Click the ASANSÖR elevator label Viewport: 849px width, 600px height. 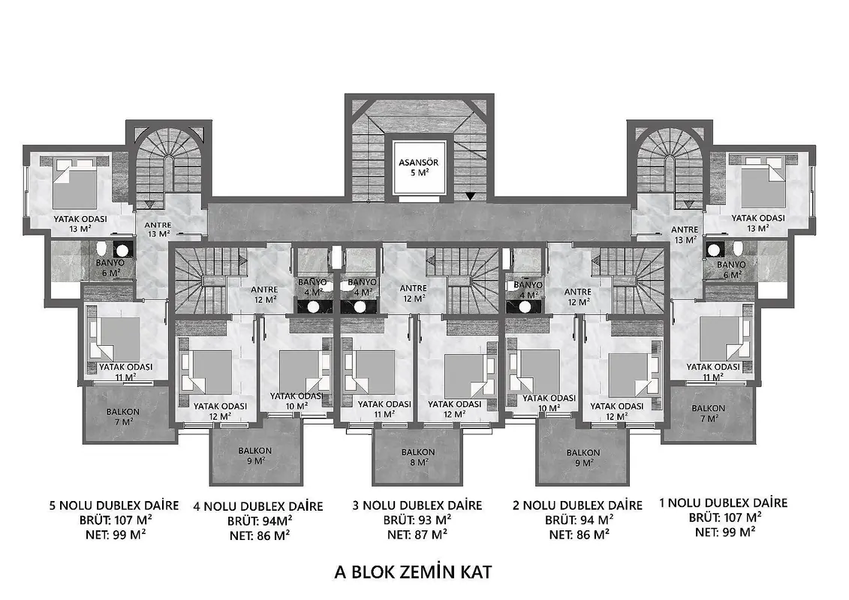point(419,162)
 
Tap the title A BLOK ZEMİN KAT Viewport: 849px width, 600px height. point(413,571)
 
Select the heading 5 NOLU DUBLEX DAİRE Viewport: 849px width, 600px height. point(113,505)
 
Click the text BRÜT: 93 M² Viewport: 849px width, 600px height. point(417,520)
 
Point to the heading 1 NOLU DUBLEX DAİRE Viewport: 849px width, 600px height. point(724,503)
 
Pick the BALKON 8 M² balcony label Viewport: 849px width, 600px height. point(418,457)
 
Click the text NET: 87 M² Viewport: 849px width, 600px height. point(417,535)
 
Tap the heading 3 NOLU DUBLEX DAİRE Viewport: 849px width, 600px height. point(417,505)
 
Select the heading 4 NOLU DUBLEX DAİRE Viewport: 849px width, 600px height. point(258,507)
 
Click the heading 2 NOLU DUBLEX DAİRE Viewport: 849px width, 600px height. point(578,505)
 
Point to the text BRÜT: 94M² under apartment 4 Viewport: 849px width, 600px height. point(260,521)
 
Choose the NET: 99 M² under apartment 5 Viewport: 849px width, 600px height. point(115,535)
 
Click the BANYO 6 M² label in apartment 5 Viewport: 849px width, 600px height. point(110,268)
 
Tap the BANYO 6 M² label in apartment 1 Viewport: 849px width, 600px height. point(731,270)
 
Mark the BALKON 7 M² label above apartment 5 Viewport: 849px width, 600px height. point(123,416)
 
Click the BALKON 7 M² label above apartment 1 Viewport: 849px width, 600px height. point(708,413)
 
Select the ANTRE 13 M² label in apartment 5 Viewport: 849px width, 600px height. point(158,229)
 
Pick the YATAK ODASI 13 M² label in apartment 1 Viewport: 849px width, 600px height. point(758,223)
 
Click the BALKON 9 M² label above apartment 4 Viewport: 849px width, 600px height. point(255,455)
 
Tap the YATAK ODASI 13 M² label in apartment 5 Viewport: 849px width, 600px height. point(80,224)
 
